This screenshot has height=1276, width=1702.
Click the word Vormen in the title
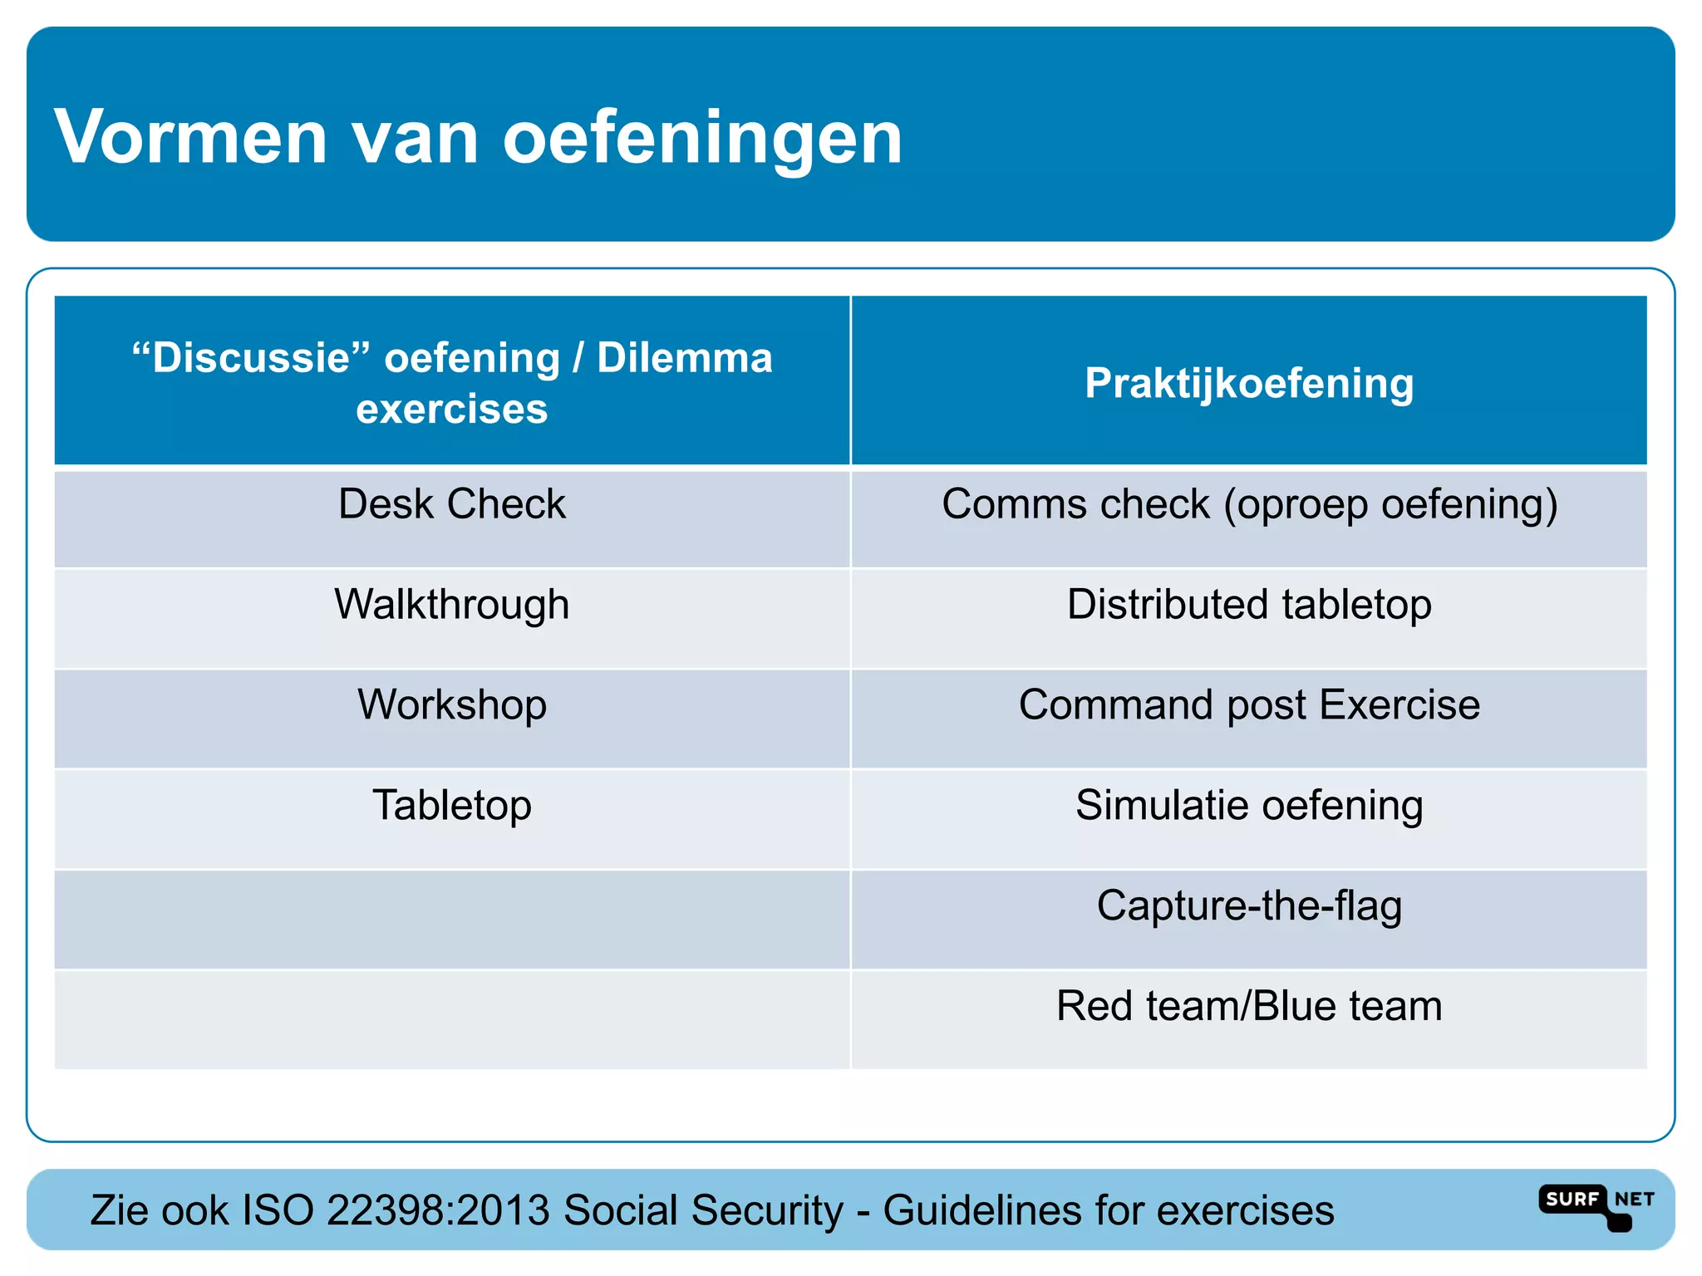coord(191,137)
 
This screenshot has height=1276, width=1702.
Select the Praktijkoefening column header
coord(1249,383)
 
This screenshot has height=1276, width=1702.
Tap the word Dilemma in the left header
coord(685,358)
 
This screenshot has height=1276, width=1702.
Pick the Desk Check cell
coord(452,504)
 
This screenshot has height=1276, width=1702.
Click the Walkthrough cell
coord(452,605)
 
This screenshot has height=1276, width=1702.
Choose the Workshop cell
coord(452,705)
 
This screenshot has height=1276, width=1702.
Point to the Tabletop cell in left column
coord(452,806)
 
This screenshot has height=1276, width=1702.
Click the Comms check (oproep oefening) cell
coord(1249,504)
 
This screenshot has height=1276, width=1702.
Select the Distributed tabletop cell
coord(1249,605)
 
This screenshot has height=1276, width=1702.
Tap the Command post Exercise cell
coord(1249,705)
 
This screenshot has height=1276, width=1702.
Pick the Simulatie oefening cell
coord(1249,806)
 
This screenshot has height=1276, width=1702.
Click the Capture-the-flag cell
coord(1249,906)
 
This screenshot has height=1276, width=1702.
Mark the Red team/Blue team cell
coord(1249,1006)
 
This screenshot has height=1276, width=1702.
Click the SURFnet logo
coord(1596,1205)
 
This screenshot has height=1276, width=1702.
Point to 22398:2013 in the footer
coord(438,1210)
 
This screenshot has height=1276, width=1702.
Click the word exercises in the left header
coord(452,409)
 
